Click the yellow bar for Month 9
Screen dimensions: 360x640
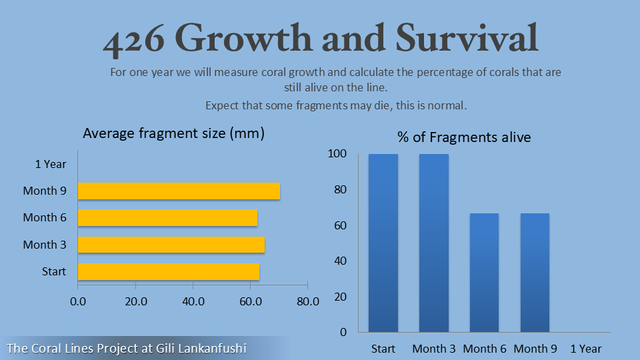coord(179,191)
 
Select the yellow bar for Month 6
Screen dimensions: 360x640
coord(167,218)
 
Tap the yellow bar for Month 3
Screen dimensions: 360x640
coord(171,245)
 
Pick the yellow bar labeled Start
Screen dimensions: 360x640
coord(169,271)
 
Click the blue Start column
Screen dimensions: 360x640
coord(383,243)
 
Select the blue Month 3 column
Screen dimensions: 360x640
coord(434,243)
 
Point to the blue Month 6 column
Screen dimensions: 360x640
coord(485,272)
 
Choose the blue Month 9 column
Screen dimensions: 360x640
coord(535,272)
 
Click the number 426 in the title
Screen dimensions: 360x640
coord(133,40)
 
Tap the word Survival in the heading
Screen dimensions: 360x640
coord(466,39)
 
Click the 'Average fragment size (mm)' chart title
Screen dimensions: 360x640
coord(174,133)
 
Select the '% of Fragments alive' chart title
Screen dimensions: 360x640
coord(464,137)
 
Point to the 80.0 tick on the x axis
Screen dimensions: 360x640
coord(307,301)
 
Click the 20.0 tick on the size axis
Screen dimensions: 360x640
coord(135,301)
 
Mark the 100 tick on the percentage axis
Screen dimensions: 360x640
coord(338,154)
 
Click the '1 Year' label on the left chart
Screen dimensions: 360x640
coord(51,164)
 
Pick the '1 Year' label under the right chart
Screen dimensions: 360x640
coord(586,349)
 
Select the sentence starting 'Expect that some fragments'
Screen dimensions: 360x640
coord(336,105)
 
